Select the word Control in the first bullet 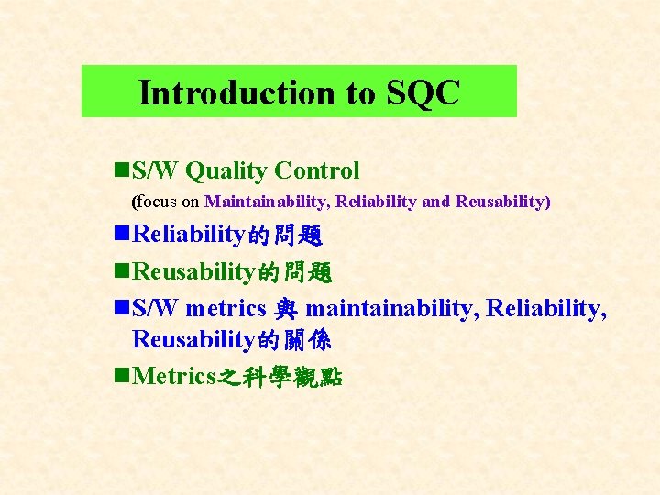coord(317,170)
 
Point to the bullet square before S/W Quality coord(122,170)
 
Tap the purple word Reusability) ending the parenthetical coord(503,202)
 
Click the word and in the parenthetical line coord(435,202)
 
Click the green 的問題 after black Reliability coord(285,236)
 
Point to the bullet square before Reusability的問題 coord(122,271)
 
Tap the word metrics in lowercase coord(225,308)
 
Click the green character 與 coord(285,309)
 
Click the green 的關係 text coord(295,340)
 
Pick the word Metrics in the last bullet coord(174,376)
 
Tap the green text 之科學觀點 coord(279,377)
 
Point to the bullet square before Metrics coord(122,376)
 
